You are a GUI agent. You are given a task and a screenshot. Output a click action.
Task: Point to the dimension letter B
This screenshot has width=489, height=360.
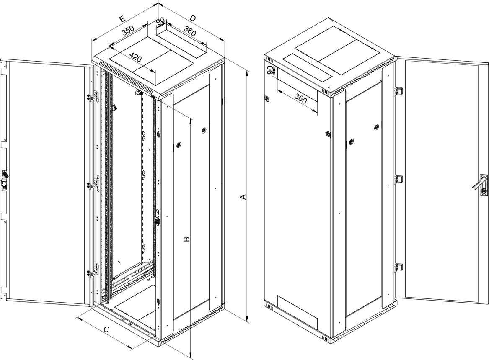[x=186, y=239]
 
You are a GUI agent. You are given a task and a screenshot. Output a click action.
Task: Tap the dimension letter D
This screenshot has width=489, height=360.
[x=193, y=18]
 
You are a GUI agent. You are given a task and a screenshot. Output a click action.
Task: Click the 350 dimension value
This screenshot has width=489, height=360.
[x=128, y=31]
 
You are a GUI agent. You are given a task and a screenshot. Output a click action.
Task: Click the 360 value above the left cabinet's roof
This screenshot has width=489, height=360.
[x=190, y=31]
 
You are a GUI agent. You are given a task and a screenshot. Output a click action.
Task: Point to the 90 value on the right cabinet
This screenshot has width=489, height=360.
[x=271, y=70]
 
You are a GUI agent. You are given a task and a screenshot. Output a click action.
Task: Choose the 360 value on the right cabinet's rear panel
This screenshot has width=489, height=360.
[x=300, y=99]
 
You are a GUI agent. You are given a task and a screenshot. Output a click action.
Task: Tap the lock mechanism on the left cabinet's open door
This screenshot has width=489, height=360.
[x=5, y=179]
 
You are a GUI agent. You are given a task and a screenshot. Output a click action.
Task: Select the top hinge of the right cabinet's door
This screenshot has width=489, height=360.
[x=399, y=90]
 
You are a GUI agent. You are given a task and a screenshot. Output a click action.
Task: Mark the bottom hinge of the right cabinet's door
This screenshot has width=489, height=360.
[x=399, y=267]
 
